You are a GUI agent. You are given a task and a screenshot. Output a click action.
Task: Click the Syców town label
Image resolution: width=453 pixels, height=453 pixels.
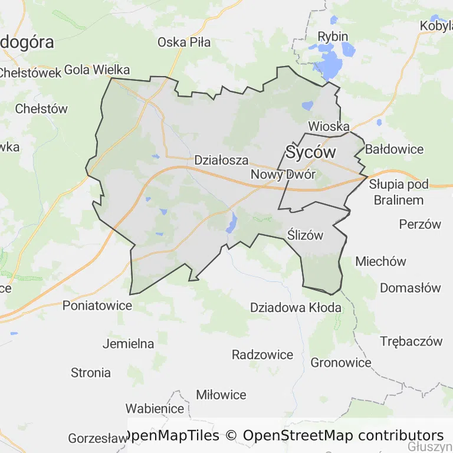311,152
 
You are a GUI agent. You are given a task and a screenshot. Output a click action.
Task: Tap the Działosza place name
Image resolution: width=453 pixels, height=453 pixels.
221,160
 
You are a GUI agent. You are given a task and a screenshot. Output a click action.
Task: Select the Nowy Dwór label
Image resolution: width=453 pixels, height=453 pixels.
283,175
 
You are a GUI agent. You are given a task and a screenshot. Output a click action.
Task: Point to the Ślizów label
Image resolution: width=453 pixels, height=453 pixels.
306,235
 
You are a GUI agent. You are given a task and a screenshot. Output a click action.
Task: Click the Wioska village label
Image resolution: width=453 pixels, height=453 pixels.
329,127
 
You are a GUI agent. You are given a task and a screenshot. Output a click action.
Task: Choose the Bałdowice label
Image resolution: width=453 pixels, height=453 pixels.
394,149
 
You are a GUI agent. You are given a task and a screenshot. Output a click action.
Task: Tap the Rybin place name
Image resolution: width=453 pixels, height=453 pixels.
333,37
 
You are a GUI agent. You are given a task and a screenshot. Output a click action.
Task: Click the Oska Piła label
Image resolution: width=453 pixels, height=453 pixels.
184,42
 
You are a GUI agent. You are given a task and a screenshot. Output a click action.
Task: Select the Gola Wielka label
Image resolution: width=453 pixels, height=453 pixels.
96,70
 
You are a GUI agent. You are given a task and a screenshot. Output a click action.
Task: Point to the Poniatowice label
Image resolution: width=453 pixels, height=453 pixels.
97,306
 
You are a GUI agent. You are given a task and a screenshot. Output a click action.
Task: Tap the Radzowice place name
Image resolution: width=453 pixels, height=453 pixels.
262,354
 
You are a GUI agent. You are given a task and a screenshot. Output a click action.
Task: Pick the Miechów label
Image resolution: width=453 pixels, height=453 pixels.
381,261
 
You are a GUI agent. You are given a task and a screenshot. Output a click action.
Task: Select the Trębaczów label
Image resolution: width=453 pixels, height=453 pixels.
411,341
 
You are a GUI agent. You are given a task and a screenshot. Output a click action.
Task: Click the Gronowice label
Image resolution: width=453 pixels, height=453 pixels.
341,362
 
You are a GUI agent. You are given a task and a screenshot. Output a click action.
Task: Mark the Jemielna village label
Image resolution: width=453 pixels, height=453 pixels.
128,343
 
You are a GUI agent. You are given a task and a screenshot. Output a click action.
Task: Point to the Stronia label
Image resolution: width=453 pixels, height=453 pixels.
91,373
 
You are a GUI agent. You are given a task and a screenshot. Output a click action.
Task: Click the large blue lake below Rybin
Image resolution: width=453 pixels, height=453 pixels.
331,63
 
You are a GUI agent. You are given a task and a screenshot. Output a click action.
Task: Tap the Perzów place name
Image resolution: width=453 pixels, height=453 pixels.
420,224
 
